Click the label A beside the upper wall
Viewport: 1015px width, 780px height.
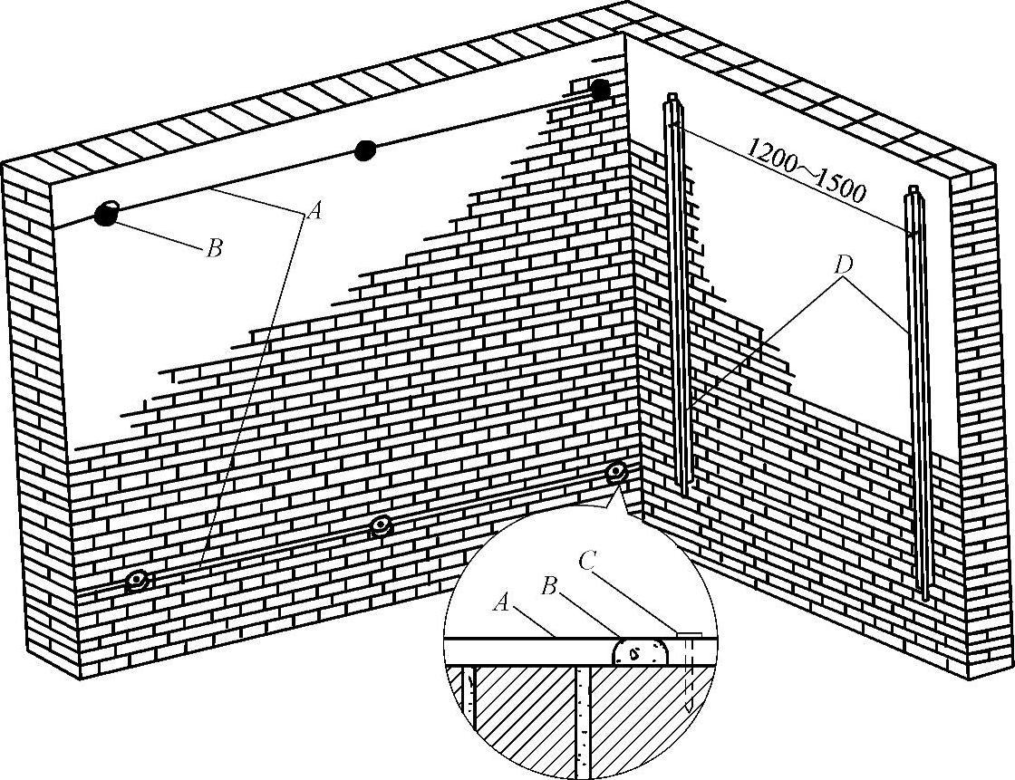pyautogui.click(x=314, y=211)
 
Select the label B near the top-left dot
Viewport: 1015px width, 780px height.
pyautogui.click(x=214, y=248)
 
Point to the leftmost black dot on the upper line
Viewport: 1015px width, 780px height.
pyautogui.click(x=106, y=215)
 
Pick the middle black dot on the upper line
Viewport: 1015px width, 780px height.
pyautogui.click(x=364, y=150)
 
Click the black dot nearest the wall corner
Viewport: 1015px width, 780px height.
pyautogui.click(x=600, y=90)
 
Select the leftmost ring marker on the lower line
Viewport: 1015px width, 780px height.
pyautogui.click(x=138, y=580)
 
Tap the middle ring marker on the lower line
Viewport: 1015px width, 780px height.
pyautogui.click(x=381, y=525)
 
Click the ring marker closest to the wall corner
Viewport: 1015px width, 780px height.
pyautogui.click(x=617, y=472)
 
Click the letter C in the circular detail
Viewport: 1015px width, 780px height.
pyautogui.click(x=587, y=562)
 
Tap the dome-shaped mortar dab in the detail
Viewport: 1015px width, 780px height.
pyautogui.click(x=641, y=650)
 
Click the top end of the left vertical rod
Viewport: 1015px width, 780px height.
pyautogui.click(x=672, y=97)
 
